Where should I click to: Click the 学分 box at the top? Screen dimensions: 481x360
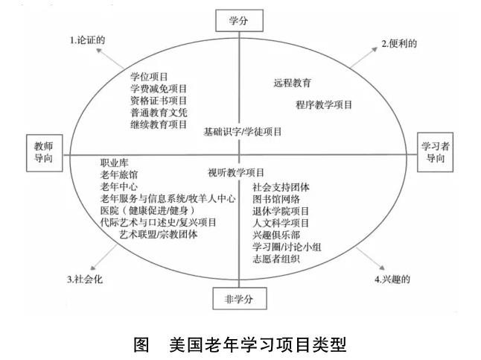coord(239,21)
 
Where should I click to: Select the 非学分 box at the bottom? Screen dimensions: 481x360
coord(240,299)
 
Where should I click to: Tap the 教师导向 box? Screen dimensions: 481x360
coord(45,153)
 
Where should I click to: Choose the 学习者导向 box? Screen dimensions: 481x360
coord(435,152)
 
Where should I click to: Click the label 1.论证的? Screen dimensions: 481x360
coord(88,40)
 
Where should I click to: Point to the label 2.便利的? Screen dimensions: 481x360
coord(399,44)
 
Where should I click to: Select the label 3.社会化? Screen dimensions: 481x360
coord(85,280)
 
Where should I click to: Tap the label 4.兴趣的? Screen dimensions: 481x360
coord(392,280)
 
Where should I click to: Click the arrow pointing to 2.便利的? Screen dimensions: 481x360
coord(364,57)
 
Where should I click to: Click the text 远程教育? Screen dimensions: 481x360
coord(293,83)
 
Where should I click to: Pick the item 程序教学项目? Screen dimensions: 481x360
coord(324,105)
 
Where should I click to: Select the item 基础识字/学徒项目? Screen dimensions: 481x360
coord(242,132)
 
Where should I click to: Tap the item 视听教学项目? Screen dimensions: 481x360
coord(236,173)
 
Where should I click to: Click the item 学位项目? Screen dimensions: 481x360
coord(149,77)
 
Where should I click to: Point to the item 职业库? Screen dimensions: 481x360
coord(114,163)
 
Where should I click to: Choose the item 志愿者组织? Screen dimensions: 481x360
coord(276,259)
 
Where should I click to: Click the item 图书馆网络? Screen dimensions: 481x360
coord(276,199)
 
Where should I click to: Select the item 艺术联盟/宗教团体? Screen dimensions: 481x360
coord(159,234)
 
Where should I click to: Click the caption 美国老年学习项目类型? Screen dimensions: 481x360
coord(258,344)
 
